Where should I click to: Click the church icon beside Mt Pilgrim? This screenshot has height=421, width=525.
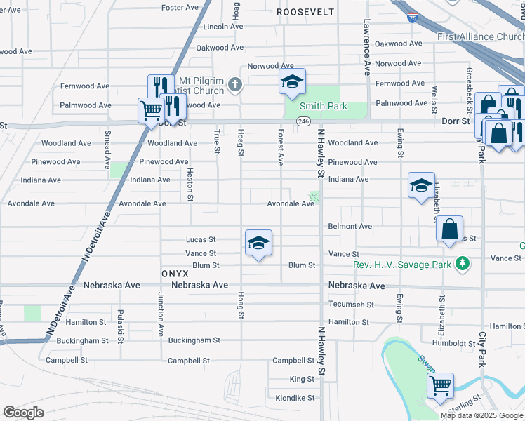pyautogui.click(x=235, y=86)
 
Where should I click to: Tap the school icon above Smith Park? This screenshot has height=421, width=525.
pyautogui.click(x=292, y=83)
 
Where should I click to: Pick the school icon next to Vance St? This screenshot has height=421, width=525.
pyautogui.click(x=258, y=243)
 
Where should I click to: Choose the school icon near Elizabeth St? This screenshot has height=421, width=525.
pyautogui.click(x=421, y=185)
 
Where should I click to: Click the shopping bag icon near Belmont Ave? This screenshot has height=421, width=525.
pyautogui.click(x=449, y=229)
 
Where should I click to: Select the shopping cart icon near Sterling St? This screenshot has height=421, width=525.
pyautogui.click(x=440, y=385)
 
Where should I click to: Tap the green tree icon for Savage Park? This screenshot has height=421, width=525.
pyautogui.click(x=462, y=263)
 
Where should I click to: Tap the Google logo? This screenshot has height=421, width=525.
pyautogui.click(x=23, y=413)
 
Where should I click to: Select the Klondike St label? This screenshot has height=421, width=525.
pyautogui.click(x=295, y=398)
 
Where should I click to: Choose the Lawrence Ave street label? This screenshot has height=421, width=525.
pyautogui.click(x=366, y=47)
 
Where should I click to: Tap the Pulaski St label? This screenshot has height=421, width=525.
pyautogui.click(x=120, y=326)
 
